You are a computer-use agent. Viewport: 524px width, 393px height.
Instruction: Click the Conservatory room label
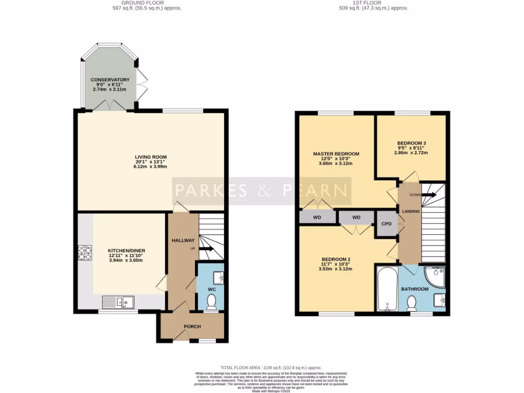pyautogui.click(x=110, y=80)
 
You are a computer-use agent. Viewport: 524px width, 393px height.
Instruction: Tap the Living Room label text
pyautogui.click(x=151, y=157)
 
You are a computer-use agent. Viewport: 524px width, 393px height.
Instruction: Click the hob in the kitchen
pyautogui.click(x=84, y=253)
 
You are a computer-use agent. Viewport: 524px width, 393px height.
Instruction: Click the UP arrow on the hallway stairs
pyautogui.click(x=206, y=249)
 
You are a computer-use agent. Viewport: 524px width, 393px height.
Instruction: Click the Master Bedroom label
pyautogui.click(x=336, y=154)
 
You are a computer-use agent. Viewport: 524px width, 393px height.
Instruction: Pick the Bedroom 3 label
pyautogui.click(x=412, y=143)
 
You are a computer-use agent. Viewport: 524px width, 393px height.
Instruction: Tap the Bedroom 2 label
pyautogui.click(x=336, y=259)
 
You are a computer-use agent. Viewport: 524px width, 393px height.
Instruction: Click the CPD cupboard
pyautogui.click(x=387, y=224)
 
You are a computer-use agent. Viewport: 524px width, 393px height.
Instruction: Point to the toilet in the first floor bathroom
pyautogui.click(x=410, y=304)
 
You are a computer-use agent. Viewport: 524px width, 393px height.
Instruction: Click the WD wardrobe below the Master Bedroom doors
pyautogui.click(x=317, y=217)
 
